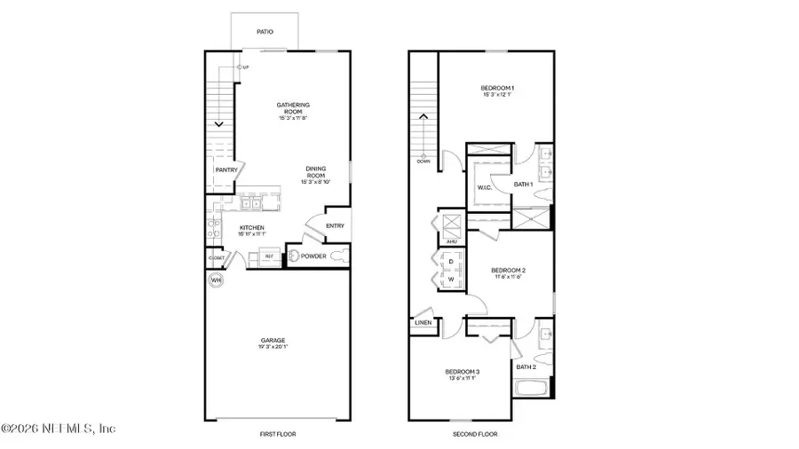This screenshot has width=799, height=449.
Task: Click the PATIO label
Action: (x=265, y=32)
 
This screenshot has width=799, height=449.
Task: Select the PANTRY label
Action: (x=225, y=169)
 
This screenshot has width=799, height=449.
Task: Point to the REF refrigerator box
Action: (x=267, y=256)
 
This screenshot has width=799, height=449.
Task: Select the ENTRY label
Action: (x=335, y=225)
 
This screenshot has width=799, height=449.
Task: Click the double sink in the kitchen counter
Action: (x=250, y=204)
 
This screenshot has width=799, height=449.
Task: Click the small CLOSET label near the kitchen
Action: (x=215, y=257)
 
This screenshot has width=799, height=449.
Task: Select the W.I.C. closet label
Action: (x=485, y=187)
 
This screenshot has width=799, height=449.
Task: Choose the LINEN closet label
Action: (x=423, y=323)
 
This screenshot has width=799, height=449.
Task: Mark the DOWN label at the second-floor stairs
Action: (x=423, y=161)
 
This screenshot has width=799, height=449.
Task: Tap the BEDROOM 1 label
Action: (x=498, y=88)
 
